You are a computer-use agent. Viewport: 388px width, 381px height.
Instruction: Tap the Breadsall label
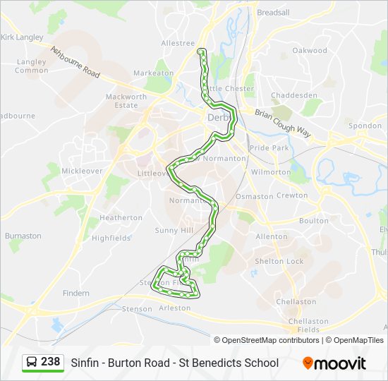(x=273, y=13)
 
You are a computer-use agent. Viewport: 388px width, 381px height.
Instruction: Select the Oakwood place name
(x=310, y=51)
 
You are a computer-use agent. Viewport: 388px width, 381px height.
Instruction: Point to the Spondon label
(x=365, y=126)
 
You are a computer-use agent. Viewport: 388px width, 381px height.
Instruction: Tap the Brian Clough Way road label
(x=282, y=121)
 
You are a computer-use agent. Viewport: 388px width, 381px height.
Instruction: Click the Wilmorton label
(x=271, y=172)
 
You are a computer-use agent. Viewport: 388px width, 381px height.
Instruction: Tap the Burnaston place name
(x=23, y=236)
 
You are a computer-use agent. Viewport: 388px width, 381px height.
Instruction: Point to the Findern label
(x=76, y=293)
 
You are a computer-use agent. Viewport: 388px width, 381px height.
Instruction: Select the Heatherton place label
(x=121, y=218)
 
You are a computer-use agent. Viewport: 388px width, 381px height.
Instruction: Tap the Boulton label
(x=313, y=221)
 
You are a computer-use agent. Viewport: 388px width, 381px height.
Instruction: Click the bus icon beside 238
(x=32, y=363)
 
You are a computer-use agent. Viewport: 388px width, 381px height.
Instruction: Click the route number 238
(x=50, y=362)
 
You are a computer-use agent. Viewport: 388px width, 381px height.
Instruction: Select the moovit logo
(x=334, y=363)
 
